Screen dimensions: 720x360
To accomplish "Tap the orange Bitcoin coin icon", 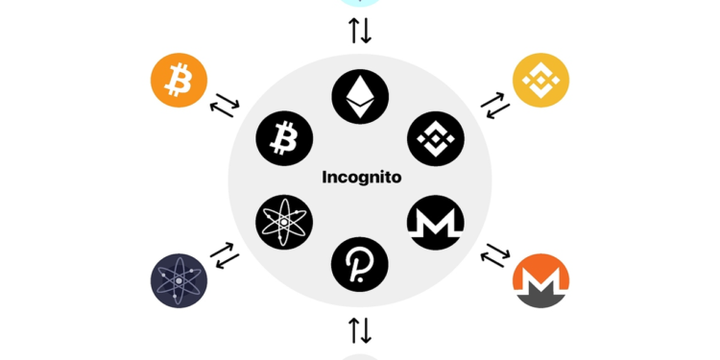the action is [x=179, y=80].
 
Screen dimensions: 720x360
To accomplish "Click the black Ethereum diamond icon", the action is [x=360, y=97].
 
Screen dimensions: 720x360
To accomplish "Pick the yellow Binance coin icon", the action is [x=540, y=80].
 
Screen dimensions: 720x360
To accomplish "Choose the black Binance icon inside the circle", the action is [x=435, y=138].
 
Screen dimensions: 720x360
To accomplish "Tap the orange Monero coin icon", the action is [x=540, y=280].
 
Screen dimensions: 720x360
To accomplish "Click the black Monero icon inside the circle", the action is [x=435, y=222].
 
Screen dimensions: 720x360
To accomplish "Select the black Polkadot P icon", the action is [x=360, y=262].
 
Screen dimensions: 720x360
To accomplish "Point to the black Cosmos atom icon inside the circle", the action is [x=284, y=222].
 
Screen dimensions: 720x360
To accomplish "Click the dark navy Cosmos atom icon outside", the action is [x=179, y=280].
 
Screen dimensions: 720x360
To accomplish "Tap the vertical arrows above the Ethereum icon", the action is [x=360, y=31].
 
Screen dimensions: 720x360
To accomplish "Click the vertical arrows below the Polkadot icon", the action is [x=360, y=330].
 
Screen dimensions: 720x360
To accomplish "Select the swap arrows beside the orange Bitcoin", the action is [x=224, y=104].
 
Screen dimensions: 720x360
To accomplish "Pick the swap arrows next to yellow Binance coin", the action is [x=495, y=104].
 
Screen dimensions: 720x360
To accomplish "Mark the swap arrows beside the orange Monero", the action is [x=495, y=256].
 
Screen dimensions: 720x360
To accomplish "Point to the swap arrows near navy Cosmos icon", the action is [x=224, y=256].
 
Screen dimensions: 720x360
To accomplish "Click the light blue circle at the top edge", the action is [x=360, y=3].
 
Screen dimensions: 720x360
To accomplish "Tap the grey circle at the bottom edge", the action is [x=360, y=356].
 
